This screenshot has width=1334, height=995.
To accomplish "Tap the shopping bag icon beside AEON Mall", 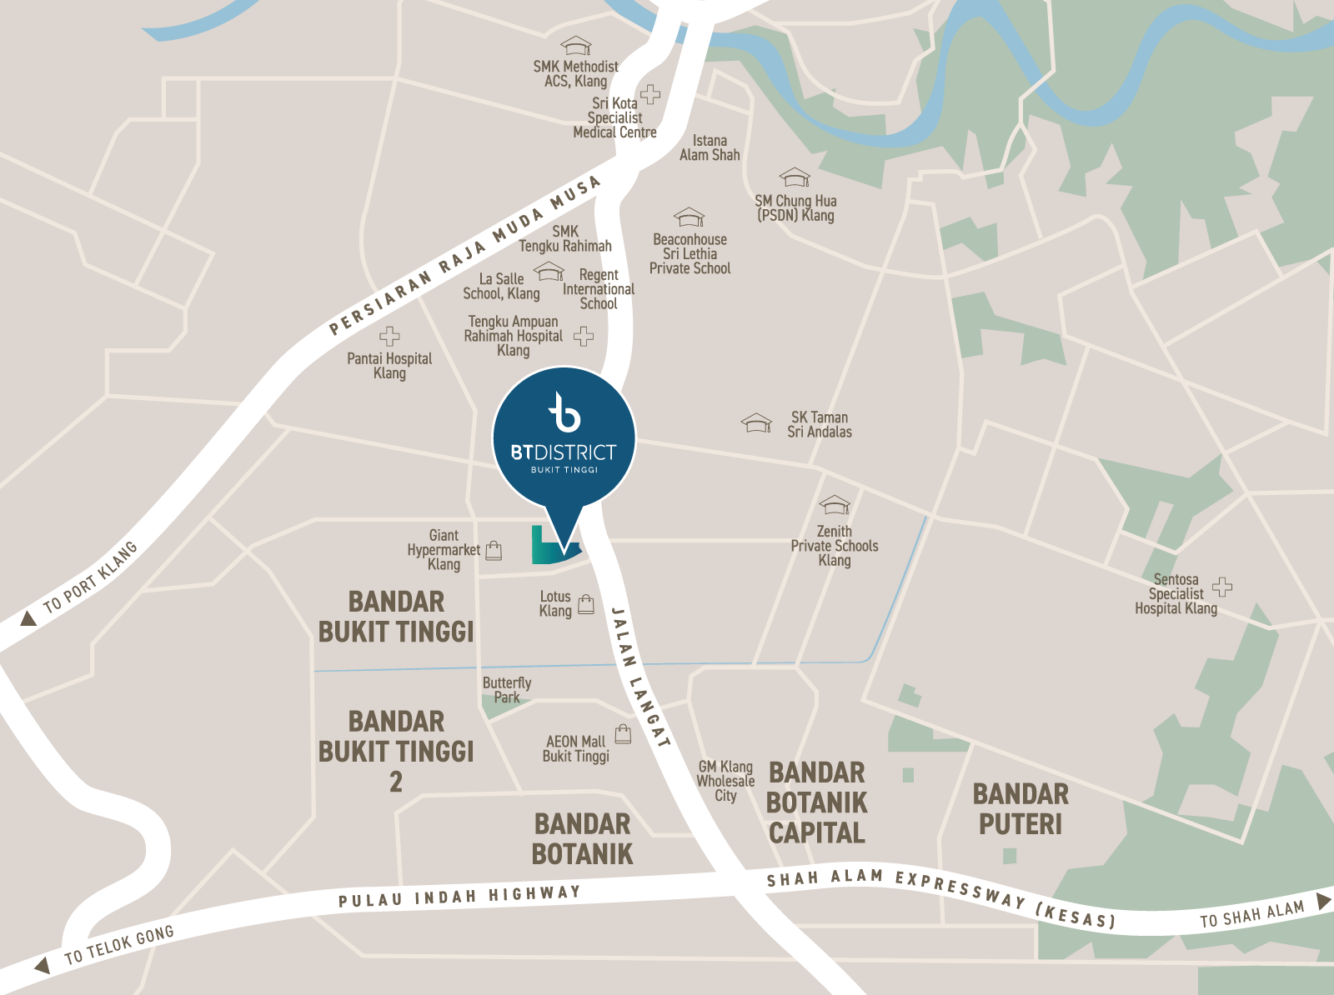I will [623, 733].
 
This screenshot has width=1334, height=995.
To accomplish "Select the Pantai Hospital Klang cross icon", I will [389, 337].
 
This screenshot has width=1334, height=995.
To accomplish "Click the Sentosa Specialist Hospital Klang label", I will [1176, 594].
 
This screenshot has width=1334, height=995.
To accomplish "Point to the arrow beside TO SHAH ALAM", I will [1323, 901].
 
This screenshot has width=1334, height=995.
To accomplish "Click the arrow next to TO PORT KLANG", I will [28, 618].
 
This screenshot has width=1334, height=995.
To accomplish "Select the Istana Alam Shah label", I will [710, 148].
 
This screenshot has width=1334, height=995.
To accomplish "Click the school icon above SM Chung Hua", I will [795, 177].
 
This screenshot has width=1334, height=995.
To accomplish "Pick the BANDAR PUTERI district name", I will [1021, 809].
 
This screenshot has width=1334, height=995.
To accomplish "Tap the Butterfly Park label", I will [506, 690].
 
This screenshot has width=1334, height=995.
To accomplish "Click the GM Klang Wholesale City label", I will [725, 781].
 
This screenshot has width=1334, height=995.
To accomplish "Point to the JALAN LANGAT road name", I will [639, 677].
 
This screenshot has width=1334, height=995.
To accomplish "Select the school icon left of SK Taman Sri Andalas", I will [756, 422].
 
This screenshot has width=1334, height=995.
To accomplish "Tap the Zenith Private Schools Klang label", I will [835, 546].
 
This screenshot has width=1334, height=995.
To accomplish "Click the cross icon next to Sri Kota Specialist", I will [650, 94].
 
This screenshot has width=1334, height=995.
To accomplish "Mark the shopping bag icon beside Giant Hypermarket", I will [494, 550].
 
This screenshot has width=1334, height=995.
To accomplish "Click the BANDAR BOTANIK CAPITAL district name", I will [816, 802].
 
